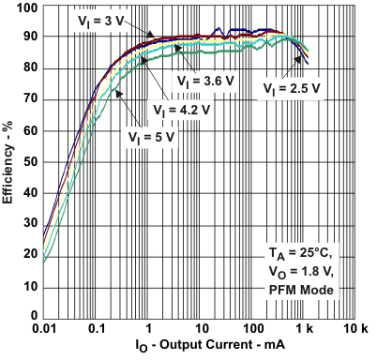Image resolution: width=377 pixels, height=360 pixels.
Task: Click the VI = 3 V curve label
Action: pyautogui.click(x=100, y=19)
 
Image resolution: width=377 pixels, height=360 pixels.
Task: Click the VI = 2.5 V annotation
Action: pyautogui.click(x=293, y=89)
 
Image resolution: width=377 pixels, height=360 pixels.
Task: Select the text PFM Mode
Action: pyautogui.click(x=307, y=291)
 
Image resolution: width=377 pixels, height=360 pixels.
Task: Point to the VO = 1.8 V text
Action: pyautogui.click(x=307, y=273)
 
